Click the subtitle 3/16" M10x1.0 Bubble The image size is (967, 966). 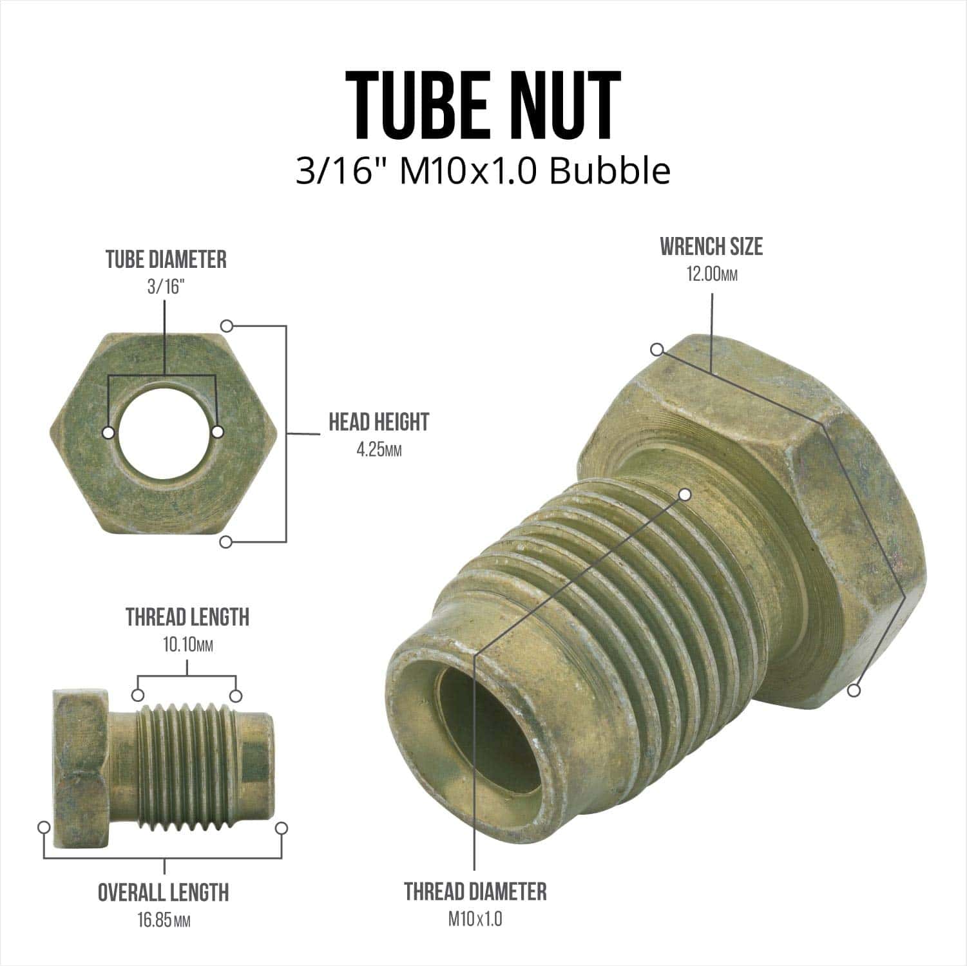pyautogui.click(x=483, y=172)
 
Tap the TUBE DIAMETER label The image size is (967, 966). pyautogui.click(x=166, y=260)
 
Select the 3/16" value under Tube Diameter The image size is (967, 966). pyautogui.click(x=166, y=287)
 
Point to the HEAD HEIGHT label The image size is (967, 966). pyautogui.click(x=379, y=422)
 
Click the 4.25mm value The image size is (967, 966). pyautogui.click(x=379, y=450)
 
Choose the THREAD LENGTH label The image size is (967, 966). pyautogui.click(x=187, y=617)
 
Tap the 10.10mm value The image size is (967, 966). pyautogui.click(x=187, y=645)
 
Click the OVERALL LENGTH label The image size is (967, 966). pyautogui.click(x=164, y=893)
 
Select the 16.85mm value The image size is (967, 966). pyautogui.click(x=164, y=920)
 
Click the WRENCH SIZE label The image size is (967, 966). pyautogui.click(x=711, y=247)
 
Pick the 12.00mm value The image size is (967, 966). pyautogui.click(x=711, y=275)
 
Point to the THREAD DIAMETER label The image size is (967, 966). pyautogui.click(x=475, y=892)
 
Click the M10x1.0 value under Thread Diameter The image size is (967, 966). pyautogui.click(x=475, y=919)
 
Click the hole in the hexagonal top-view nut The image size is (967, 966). pyautogui.click(x=164, y=432)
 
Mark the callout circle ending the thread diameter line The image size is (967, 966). pyautogui.click(x=685, y=495)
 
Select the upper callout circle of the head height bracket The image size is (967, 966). pyautogui.click(x=226, y=325)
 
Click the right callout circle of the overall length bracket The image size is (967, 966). pyautogui.click(x=281, y=828)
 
